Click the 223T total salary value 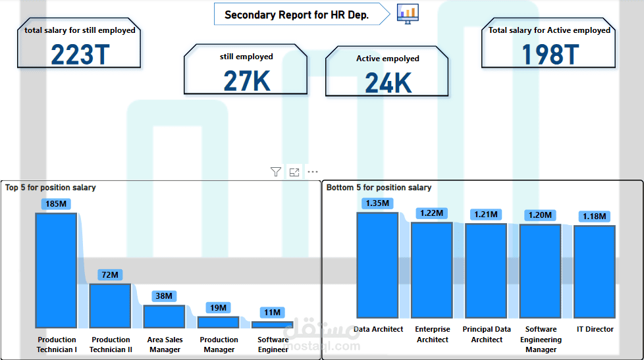pyautogui.click(x=80, y=55)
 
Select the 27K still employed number pyautogui.click(x=247, y=81)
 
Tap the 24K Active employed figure pyautogui.click(x=388, y=83)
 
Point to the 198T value pyautogui.click(x=550, y=55)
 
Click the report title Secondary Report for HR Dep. pyautogui.click(x=296, y=14)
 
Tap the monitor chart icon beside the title pyautogui.click(x=408, y=14)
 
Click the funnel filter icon pyautogui.click(x=276, y=172)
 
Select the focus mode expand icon pyautogui.click(x=294, y=172)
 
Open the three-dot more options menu pyautogui.click(x=313, y=172)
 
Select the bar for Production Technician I pyautogui.click(x=56, y=270)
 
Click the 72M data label pyautogui.click(x=110, y=274)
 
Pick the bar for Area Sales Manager pyautogui.click(x=164, y=317)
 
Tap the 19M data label pyautogui.click(x=218, y=308)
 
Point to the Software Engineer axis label pyautogui.click(x=273, y=344)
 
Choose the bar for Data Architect pyautogui.click(x=377, y=265)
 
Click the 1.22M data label pyautogui.click(x=432, y=213)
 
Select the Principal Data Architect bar pyautogui.click(x=486, y=271)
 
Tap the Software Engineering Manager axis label pyautogui.click(x=541, y=340)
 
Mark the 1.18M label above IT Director pyautogui.click(x=595, y=217)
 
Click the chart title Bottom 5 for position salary pyautogui.click(x=379, y=188)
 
